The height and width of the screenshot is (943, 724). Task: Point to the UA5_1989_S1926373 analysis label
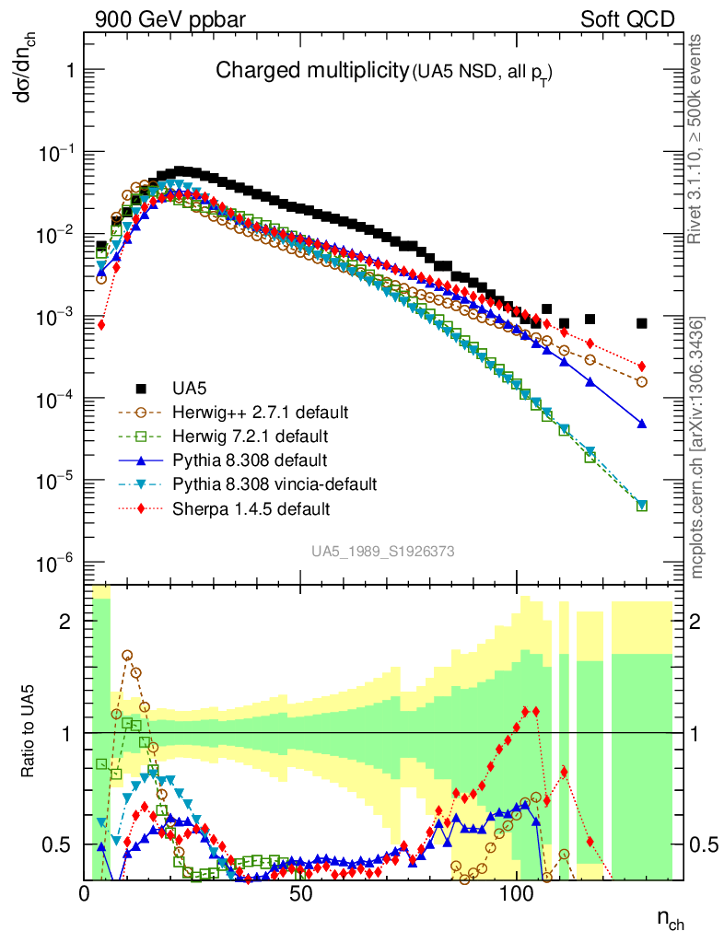[382, 551]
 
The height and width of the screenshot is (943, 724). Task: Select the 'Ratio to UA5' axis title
[29, 732]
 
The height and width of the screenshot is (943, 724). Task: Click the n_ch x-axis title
[670, 918]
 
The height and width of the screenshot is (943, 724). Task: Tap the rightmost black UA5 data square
[642, 323]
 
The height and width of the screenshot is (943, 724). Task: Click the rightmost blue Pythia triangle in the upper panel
[642, 424]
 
